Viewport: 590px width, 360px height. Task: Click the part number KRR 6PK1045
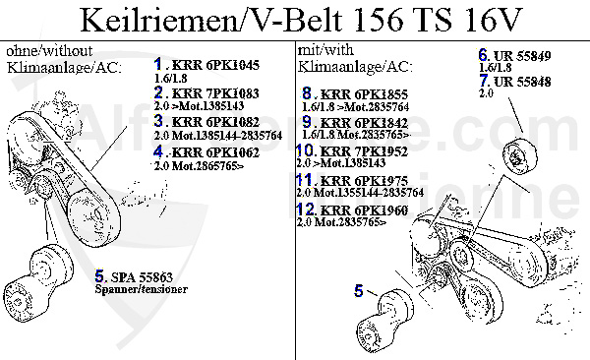pyautogui.click(x=214, y=66)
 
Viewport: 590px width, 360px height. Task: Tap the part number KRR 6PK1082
pyautogui.click(x=213, y=122)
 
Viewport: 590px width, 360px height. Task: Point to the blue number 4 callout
pyautogui.click(x=159, y=151)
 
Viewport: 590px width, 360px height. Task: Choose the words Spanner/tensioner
pyautogui.click(x=142, y=292)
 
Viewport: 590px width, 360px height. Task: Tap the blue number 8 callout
pyautogui.click(x=307, y=93)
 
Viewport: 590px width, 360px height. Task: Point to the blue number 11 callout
pyautogui.click(x=305, y=180)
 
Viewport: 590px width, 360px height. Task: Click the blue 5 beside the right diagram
pyautogui.click(x=359, y=289)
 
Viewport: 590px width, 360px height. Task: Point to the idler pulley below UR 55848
pyautogui.click(x=517, y=160)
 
